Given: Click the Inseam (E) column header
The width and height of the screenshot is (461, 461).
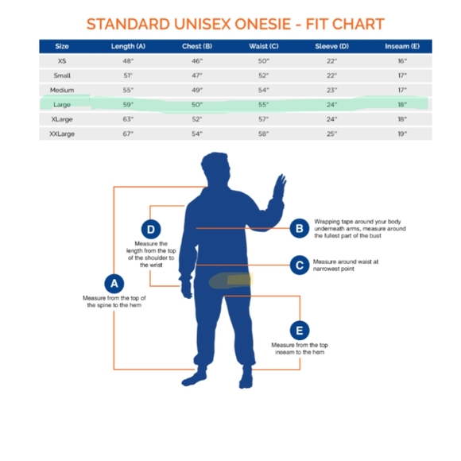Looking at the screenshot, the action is click(x=402, y=46).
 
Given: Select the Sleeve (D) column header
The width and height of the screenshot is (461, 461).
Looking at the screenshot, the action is click(x=332, y=46).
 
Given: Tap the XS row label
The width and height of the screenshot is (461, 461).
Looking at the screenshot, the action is click(x=62, y=61).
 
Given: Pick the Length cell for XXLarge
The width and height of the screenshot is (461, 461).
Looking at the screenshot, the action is click(x=128, y=134).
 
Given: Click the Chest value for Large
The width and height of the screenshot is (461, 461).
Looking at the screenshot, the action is click(x=197, y=104).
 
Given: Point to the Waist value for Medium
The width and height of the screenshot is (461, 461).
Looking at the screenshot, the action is click(x=263, y=90).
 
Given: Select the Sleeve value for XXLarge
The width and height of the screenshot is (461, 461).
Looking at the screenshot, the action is click(x=331, y=134).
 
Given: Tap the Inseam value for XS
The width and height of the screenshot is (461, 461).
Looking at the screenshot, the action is click(x=402, y=61).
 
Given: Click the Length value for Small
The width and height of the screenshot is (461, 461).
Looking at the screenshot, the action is click(x=128, y=76).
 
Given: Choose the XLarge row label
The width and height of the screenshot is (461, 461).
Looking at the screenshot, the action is click(x=62, y=119).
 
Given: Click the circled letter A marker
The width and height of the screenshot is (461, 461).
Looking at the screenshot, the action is click(x=114, y=284).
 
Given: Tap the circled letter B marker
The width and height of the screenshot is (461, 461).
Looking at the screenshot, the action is click(x=300, y=228).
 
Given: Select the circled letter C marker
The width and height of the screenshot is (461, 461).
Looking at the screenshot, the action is click(x=300, y=265).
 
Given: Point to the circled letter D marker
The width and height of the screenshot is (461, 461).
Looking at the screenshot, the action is click(x=151, y=230).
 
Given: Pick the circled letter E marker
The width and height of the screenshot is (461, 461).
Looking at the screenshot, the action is click(x=300, y=331).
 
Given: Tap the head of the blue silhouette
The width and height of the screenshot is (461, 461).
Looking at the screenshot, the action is click(x=215, y=169).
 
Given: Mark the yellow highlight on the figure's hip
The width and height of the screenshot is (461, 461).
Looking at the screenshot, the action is click(x=240, y=279).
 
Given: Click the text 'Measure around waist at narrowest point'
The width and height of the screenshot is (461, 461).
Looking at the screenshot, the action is click(x=346, y=265).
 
